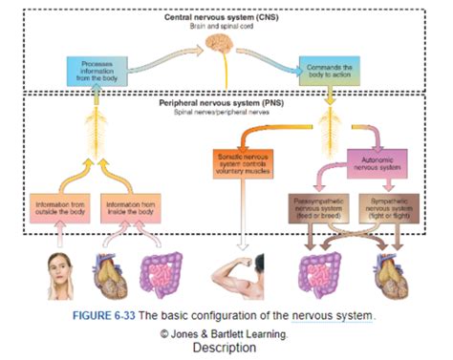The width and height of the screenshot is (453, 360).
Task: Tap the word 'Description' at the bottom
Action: pyautogui.click(x=225, y=349)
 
